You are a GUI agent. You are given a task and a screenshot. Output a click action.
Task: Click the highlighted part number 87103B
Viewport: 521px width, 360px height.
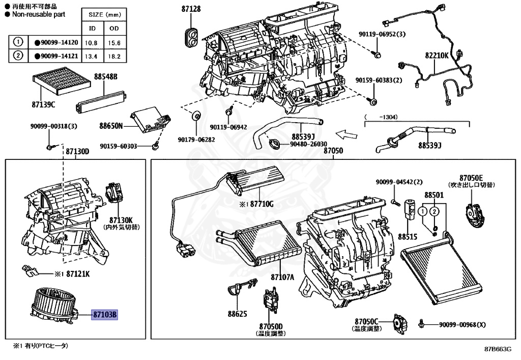[105, 315]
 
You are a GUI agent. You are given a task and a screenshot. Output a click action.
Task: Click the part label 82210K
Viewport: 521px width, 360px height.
[437, 56]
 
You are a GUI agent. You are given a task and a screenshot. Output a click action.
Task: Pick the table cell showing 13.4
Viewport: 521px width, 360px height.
[92, 56]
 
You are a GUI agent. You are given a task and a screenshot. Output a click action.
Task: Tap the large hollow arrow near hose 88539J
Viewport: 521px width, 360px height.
[348, 135]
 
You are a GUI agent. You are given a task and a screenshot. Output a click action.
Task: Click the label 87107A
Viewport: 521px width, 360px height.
[282, 278]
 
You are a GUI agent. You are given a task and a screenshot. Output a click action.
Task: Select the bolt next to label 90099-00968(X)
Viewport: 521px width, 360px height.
[422, 324]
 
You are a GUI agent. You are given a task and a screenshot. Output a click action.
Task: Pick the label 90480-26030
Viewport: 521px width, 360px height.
[308, 144]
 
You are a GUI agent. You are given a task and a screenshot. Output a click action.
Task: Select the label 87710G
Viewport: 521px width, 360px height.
[262, 204]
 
